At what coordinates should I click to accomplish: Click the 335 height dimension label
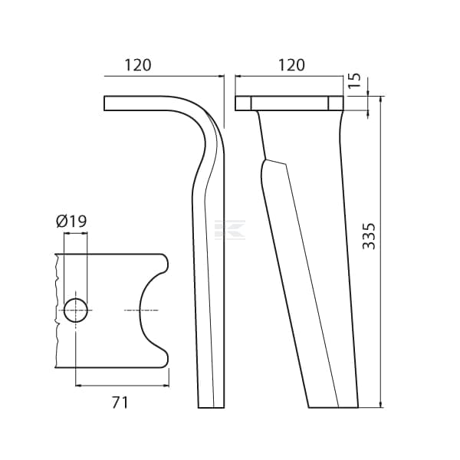coord(369,236)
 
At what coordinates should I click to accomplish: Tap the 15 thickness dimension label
coord(354,80)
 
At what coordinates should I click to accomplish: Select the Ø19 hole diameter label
coord(71,221)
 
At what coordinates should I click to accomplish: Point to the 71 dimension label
coord(120,402)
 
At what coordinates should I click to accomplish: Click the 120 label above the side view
coord(138,65)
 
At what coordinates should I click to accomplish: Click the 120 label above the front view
coord(291,65)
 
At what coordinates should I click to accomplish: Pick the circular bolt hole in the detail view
coord(76,310)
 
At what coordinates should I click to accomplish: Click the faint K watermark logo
coord(230,230)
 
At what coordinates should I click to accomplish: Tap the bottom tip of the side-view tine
coord(212,408)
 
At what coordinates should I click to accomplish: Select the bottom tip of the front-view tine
coord(333,408)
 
